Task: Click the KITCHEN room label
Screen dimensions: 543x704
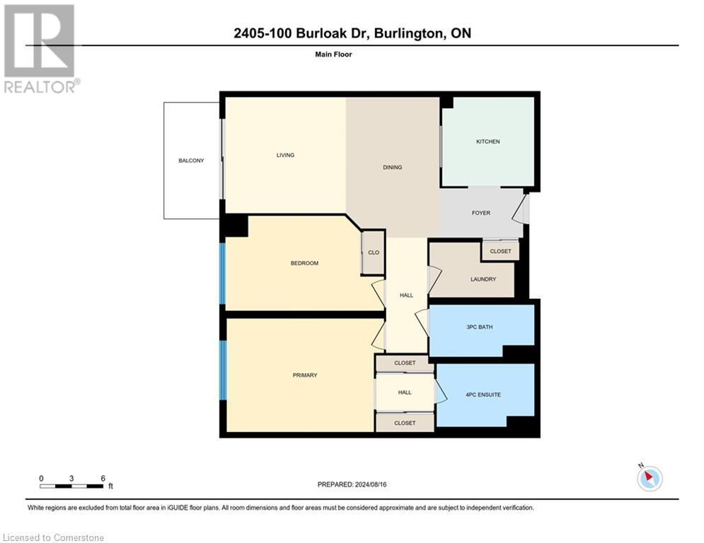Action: coord(487,141)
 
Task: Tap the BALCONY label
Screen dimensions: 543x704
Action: coord(191,160)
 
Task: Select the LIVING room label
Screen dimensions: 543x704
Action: coord(285,155)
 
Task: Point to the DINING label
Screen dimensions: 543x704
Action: coord(392,168)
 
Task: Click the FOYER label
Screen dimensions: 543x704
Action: coord(480,213)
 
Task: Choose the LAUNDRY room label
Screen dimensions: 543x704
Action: coord(483,279)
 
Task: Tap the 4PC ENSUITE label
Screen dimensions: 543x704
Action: coord(484,395)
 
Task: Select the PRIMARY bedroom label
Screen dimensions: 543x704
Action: coord(305,375)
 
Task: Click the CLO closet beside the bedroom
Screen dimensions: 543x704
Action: coord(374,252)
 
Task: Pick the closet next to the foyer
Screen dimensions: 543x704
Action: coord(500,250)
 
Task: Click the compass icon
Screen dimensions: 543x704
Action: coord(649,478)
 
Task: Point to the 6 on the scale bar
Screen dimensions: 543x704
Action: coord(103,478)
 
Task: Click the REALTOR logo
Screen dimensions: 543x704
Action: coord(40,49)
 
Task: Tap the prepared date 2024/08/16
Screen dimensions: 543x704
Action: coord(352,484)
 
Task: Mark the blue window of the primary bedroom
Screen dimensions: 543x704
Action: coord(223,370)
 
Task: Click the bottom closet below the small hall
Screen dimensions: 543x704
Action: coord(404,423)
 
